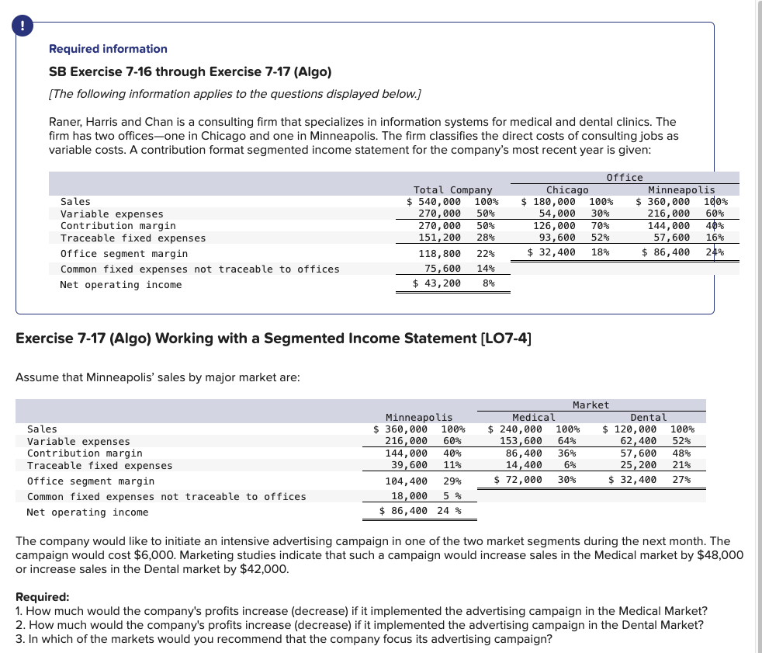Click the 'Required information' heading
108,49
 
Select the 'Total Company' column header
452,189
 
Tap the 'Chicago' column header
567,189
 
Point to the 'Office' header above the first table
624,178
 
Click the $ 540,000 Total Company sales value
434,202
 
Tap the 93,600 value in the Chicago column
557,238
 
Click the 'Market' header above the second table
591,405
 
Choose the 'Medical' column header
533,417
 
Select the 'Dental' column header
648,417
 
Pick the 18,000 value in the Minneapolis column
408,496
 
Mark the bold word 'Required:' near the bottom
43,598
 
